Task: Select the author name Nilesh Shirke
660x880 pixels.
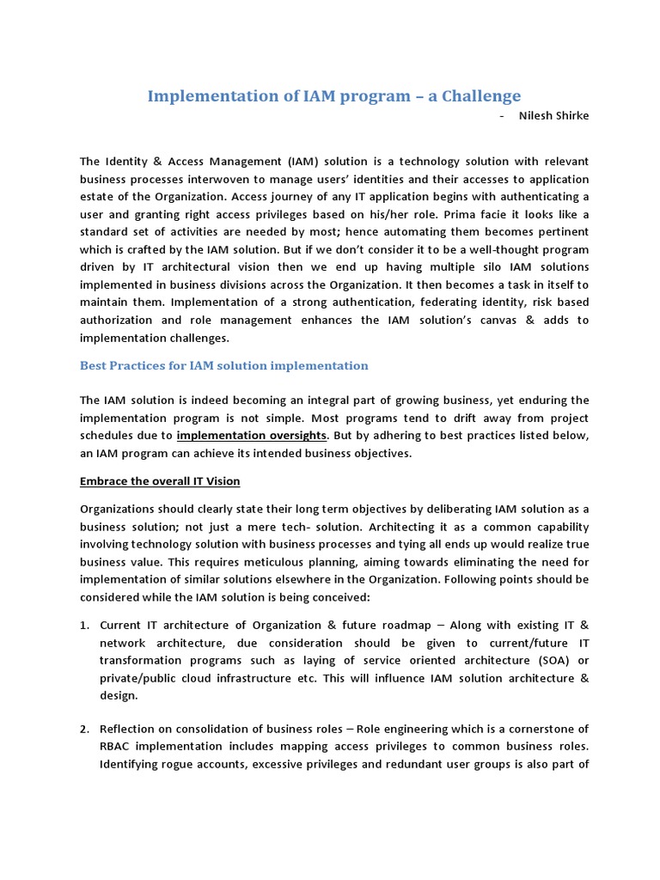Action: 554,116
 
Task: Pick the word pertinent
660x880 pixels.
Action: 559,232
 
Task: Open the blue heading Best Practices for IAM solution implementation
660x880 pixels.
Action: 224,365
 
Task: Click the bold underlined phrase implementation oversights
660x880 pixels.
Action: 252,436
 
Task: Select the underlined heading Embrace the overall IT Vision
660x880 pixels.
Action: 161,480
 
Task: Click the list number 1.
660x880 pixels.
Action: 84,625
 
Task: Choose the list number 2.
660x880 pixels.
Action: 84,730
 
